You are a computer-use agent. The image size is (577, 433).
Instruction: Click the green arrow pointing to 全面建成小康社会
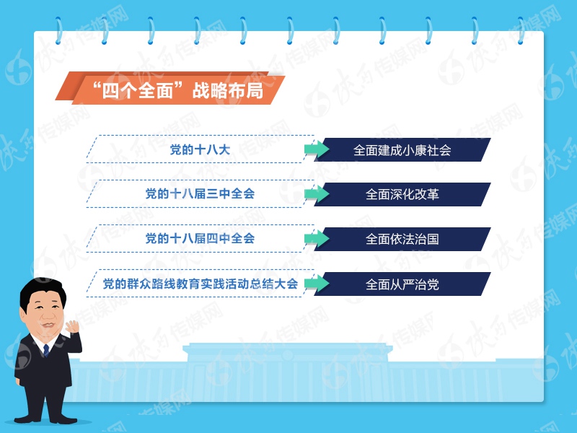point(316,149)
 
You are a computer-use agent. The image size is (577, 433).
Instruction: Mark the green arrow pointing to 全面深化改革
point(316,194)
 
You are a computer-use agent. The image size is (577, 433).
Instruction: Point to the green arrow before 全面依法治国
point(316,239)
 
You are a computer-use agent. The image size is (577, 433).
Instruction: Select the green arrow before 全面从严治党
point(316,284)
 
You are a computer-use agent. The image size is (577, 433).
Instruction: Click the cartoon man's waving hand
point(73,331)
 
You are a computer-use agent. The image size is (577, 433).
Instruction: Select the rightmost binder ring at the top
point(520,30)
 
